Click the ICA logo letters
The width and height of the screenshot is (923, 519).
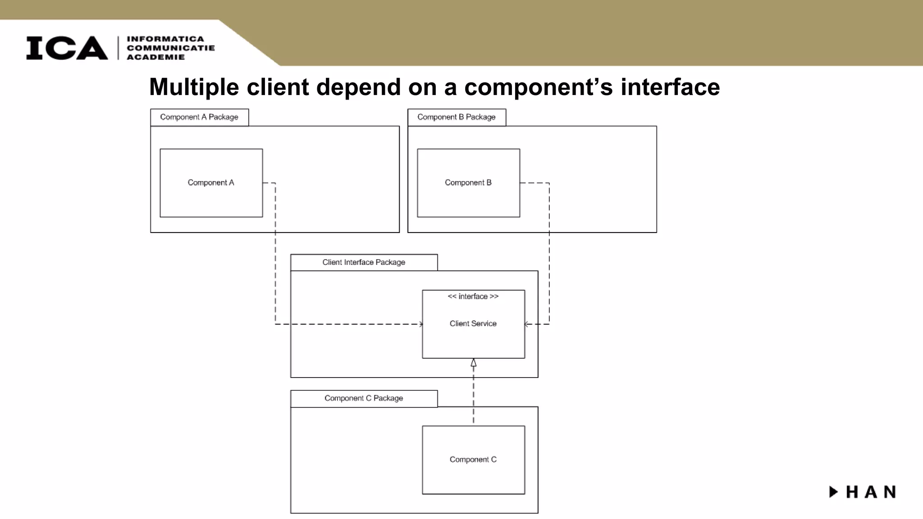[67, 48]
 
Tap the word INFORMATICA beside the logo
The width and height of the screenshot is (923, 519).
[165, 39]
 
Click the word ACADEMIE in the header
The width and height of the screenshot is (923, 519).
[156, 57]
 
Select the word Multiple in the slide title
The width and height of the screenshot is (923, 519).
[194, 87]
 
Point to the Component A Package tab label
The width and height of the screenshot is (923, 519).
[199, 117]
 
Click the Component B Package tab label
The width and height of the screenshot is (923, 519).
[456, 117]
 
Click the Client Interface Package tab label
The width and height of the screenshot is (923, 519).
[364, 262]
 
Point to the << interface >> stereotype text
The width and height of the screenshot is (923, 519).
[473, 296]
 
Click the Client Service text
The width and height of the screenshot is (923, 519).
[473, 323]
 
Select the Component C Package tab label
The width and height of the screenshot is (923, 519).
[364, 398]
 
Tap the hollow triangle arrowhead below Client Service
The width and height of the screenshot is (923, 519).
[473, 363]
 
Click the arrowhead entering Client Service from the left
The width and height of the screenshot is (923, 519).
[420, 324]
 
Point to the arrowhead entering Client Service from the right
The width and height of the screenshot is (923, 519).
[527, 324]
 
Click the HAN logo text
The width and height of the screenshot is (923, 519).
[871, 492]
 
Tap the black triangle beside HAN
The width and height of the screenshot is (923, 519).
[833, 492]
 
